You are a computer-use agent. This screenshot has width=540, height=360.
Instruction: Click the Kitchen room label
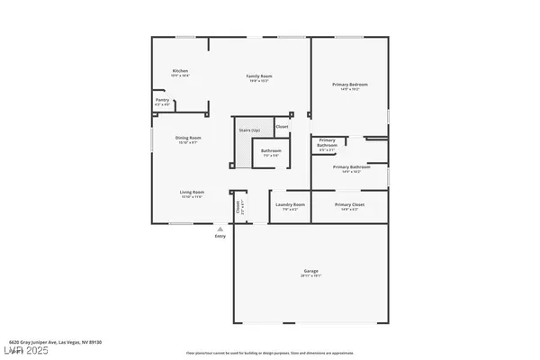pyautogui.click(x=181, y=71)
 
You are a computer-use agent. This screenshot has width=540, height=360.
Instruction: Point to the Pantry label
pyautogui.click(x=162, y=101)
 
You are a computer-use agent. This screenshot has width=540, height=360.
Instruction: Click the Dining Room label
pyautogui.click(x=188, y=138)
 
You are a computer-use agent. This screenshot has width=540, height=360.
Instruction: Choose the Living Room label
pyautogui.click(x=192, y=191)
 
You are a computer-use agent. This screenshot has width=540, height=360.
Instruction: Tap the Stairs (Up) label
pyautogui.click(x=250, y=131)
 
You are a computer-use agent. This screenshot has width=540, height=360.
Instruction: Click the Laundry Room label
pyautogui.click(x=289, y=204)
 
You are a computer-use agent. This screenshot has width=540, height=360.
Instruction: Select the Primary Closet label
pyautogui.click(x=349, y=204)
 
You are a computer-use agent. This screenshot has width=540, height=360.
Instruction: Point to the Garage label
pyautogui.click(x=311, y=271)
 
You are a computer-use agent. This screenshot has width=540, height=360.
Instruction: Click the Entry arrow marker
pyautogui.click(x=219, y=229)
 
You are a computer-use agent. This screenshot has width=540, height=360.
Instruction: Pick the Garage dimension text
pyautogui.click(x=311, y=276)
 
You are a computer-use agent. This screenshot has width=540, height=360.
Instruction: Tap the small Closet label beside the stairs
pyautogui.click(x=282, y=127)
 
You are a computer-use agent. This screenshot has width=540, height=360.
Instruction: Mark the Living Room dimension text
pyautogui.click(x=192, y=196)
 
